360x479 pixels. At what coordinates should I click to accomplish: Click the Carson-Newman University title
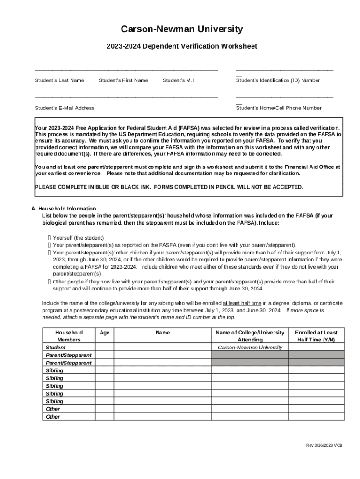(182, 29)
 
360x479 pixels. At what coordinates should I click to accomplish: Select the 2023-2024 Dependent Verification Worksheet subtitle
(182, 46)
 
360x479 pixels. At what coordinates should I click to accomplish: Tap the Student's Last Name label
(59, 80)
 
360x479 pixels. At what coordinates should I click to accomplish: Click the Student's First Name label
(123, 80)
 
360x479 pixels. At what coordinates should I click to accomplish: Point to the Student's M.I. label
(179, 80)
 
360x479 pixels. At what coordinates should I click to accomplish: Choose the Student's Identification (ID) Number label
(278, 80)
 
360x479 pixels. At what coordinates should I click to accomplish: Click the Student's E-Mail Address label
(65, 108)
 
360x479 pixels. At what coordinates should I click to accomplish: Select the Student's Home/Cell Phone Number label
(279, 108)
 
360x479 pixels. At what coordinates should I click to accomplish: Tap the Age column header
(105, 333)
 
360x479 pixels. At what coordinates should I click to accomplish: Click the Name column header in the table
(163, 333)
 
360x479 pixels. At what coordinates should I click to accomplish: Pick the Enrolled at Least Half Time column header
(316, 336)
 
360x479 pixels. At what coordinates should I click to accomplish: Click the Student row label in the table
(56, 348)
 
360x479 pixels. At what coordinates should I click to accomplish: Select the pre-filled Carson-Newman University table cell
(250, 348)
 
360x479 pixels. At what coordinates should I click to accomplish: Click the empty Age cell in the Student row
(105, 348)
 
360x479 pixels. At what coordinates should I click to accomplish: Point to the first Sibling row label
(54, 370)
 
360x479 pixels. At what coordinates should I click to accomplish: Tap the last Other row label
(53, 417)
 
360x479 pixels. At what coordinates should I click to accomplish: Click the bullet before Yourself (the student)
(50, 238)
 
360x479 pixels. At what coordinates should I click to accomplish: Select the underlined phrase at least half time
(242, 303)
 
